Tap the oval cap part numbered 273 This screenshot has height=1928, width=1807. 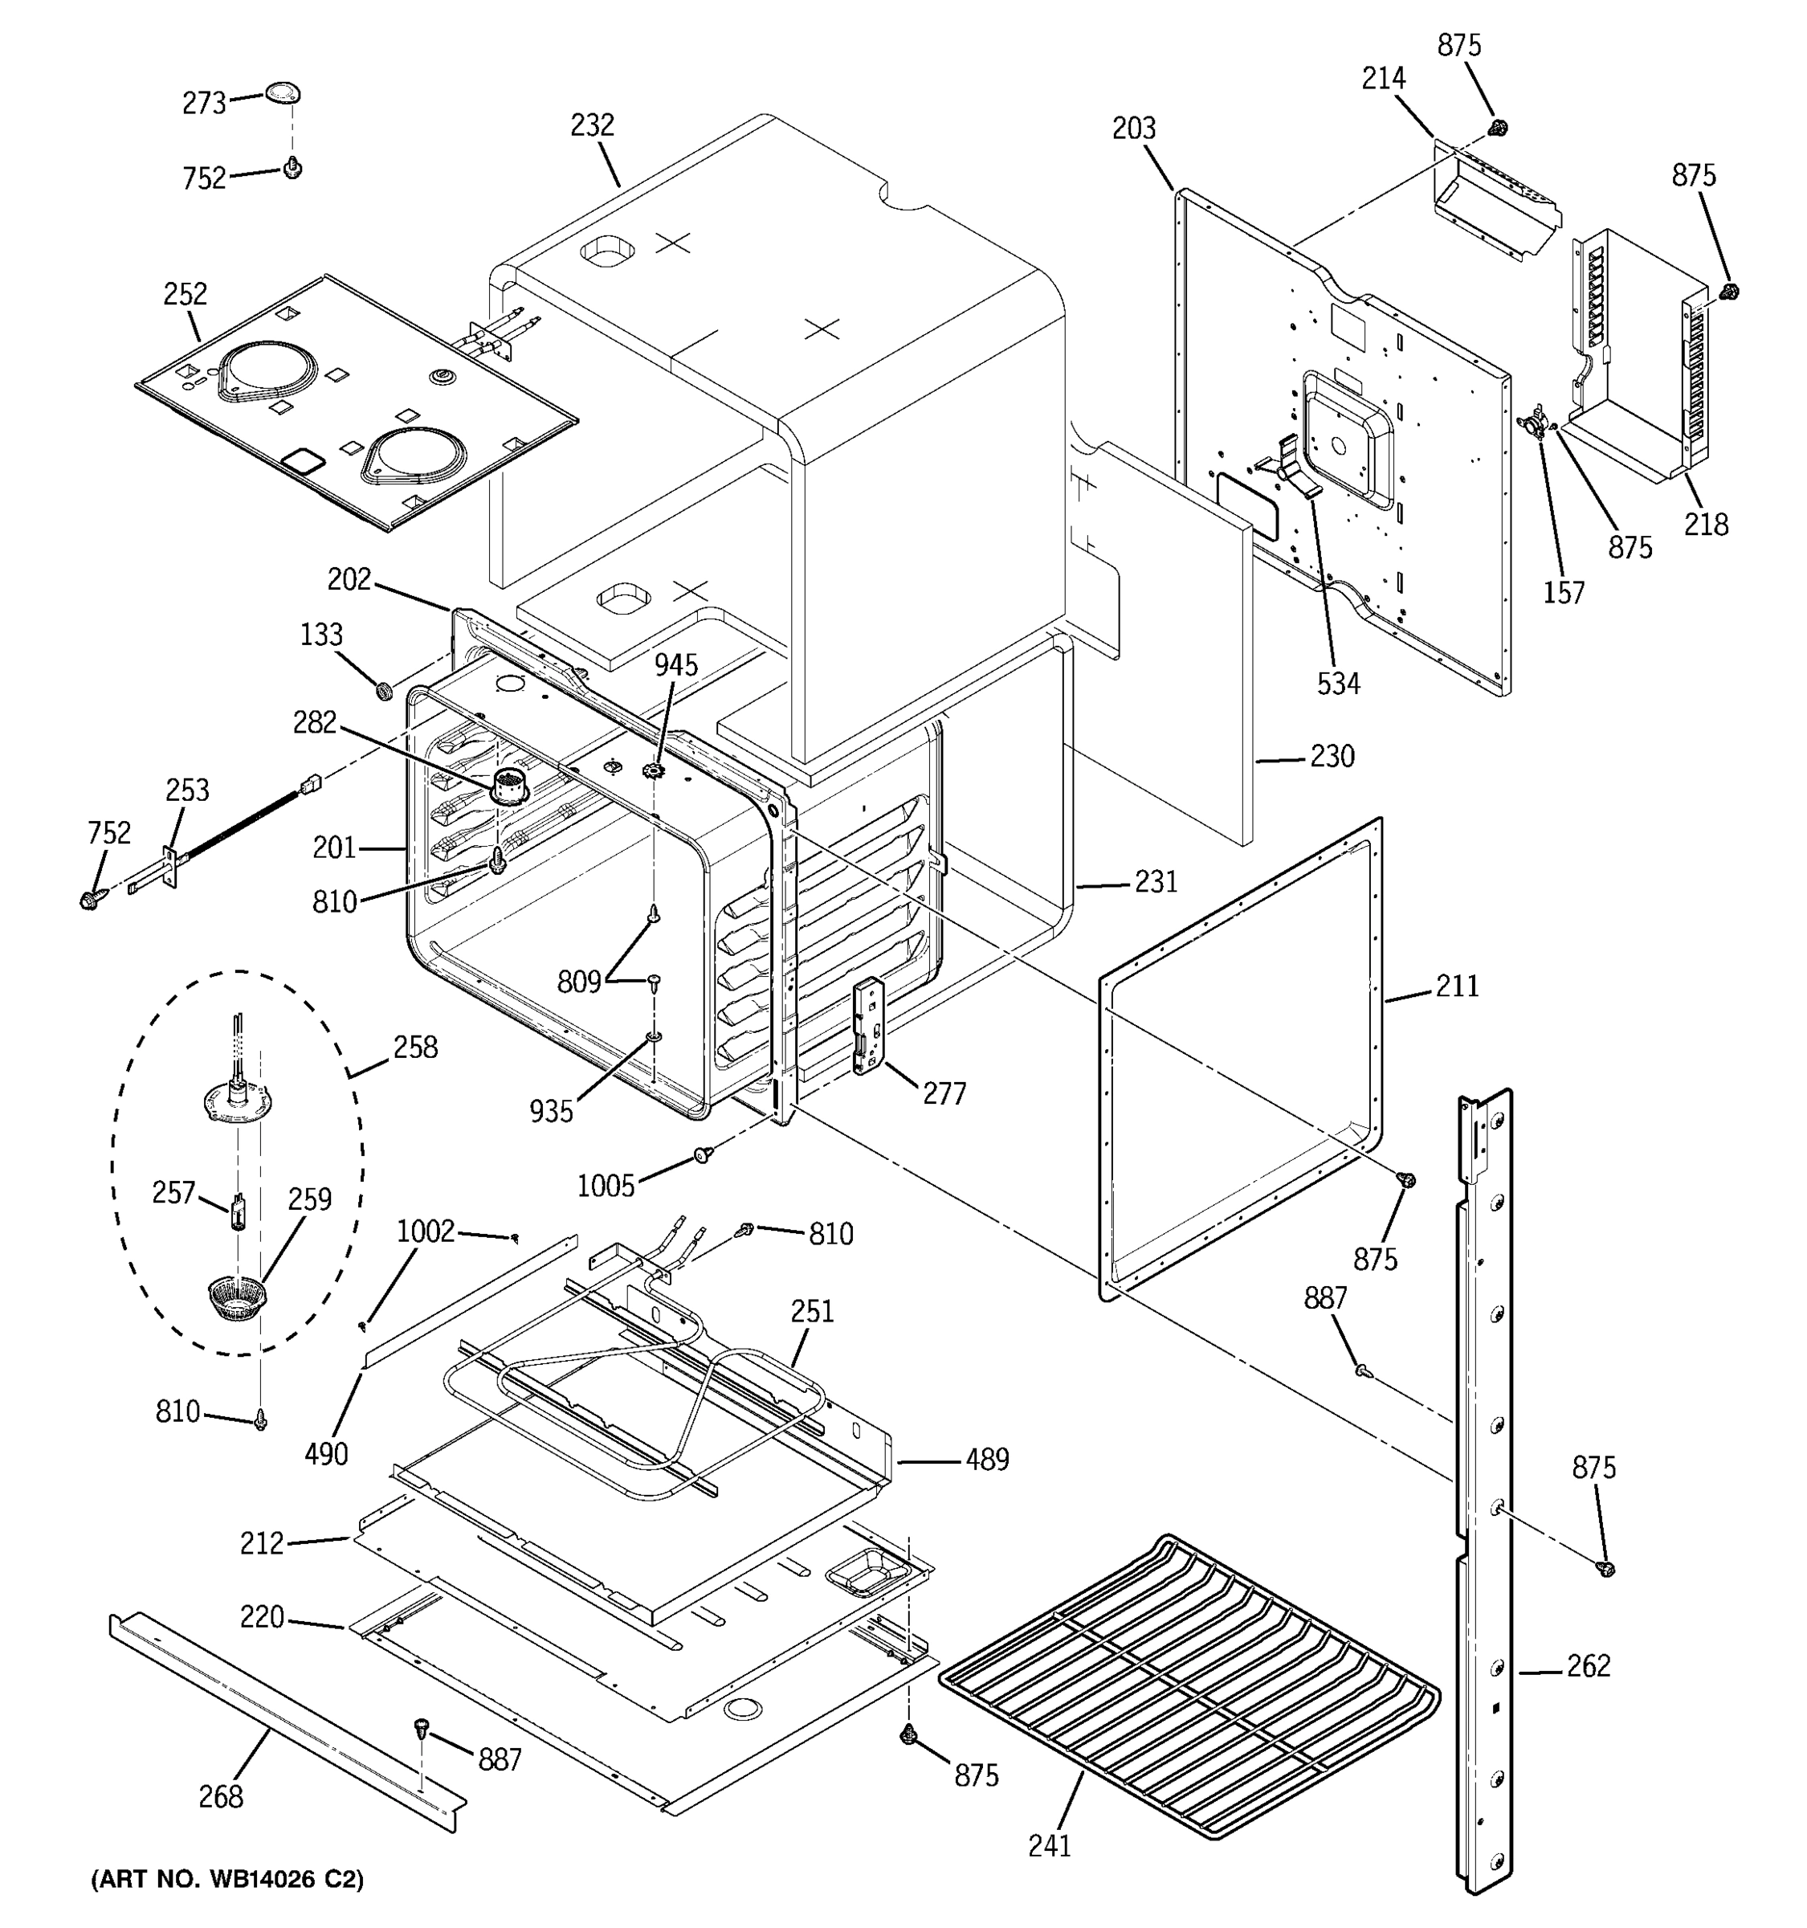pos(283,92)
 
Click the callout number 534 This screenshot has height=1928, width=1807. pos(1338,684)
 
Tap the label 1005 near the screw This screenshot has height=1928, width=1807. pos(605,1185)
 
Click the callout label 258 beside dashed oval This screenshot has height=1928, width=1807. pos(415,1048)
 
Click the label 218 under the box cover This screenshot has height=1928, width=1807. pos(1705,525)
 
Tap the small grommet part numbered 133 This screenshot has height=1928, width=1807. pos(384,691)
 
